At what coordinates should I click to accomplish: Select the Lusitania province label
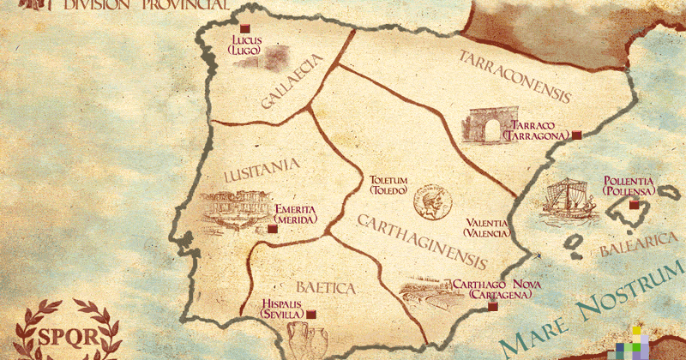tap(262, 171)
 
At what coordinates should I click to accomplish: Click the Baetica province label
tap(325, 287)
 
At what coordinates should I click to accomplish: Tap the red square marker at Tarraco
tap(577, 135)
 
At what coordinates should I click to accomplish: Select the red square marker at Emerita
tap(272, 229)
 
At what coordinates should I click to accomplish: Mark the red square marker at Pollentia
tap(635, 205)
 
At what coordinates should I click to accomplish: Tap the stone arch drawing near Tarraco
tap(485, 125)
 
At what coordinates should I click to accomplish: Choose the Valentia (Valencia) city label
tap(486, 227)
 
